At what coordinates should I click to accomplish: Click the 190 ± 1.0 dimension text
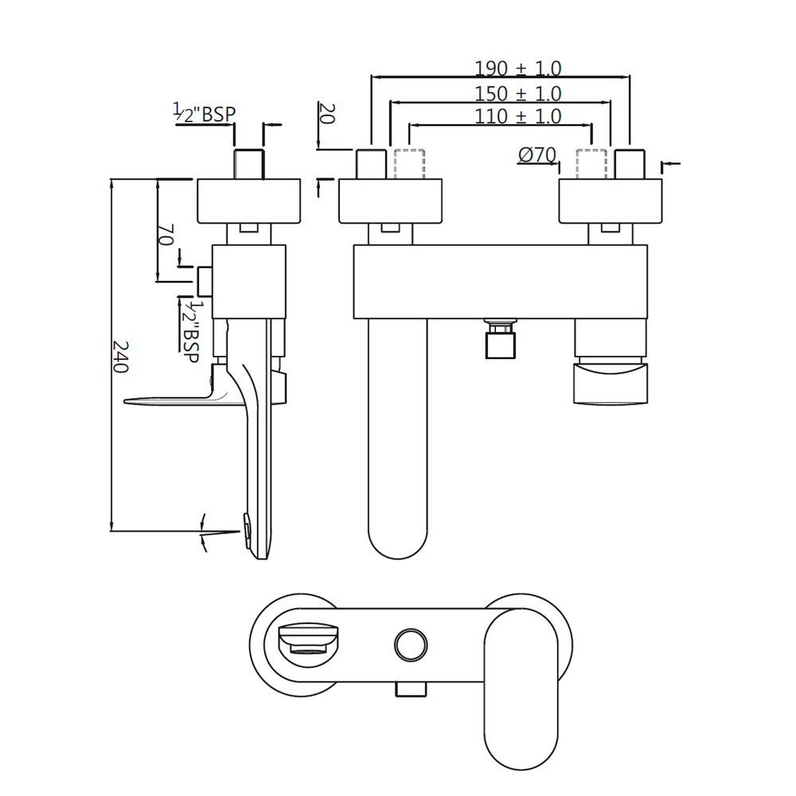pyautogui.click(x=518, y=68)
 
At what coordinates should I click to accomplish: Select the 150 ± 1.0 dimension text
pyautogui.click(x=518, y=93)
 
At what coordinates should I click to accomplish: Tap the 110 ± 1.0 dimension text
pyautogui.click(x=518, y=116)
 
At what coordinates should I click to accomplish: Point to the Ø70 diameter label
pyautogui.click(x=537, y=156)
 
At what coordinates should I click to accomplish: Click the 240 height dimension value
pyautogui.click(x=119, y=357)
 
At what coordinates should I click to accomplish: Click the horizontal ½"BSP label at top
pyautogui.click(x=205, y=114)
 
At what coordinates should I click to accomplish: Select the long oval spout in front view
pyautogui.click(x=399, y=438)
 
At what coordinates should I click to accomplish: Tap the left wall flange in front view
pyautogui.click(x=391, y=201)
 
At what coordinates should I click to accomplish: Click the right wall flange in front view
pyautogui.click(x=611, y=201)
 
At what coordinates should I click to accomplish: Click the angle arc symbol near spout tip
pyautogui.click(x=205, y=532)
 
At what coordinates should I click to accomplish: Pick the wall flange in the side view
pyautogui.click(x=248, y=201)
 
